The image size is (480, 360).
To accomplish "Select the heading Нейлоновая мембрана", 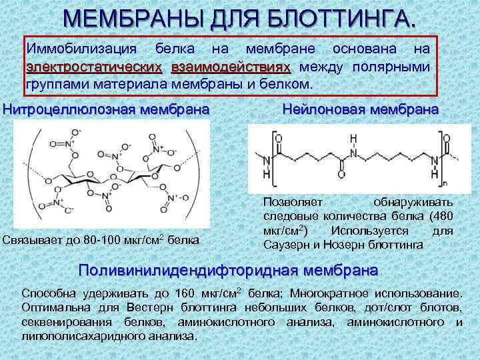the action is click(x=361, y=108).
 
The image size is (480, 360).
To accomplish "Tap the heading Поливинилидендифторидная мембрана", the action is click(x=229, y=271).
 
